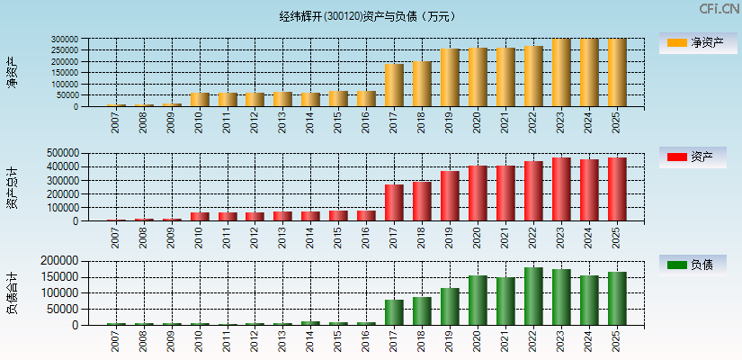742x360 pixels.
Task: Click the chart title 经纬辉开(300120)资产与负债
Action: pos(368,16)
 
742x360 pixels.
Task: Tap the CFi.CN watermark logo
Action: pos(719,9)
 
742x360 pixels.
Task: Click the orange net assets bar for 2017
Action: pos(394,85)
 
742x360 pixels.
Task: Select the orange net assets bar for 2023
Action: pos(561,73)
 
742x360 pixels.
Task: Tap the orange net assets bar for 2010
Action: pos(199,100)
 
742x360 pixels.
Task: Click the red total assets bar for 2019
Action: pos(450,196)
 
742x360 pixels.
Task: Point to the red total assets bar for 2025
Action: pos(617,190)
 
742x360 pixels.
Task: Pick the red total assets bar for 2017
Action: pos(394,203)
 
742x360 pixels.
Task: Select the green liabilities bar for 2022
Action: pos(533,296)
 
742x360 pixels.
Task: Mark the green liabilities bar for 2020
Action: pos(478,301)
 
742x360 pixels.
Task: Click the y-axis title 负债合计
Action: pos(12,292)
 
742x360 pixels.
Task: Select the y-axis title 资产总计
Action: pos(12,187)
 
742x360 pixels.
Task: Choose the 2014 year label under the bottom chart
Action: pos(310,342)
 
